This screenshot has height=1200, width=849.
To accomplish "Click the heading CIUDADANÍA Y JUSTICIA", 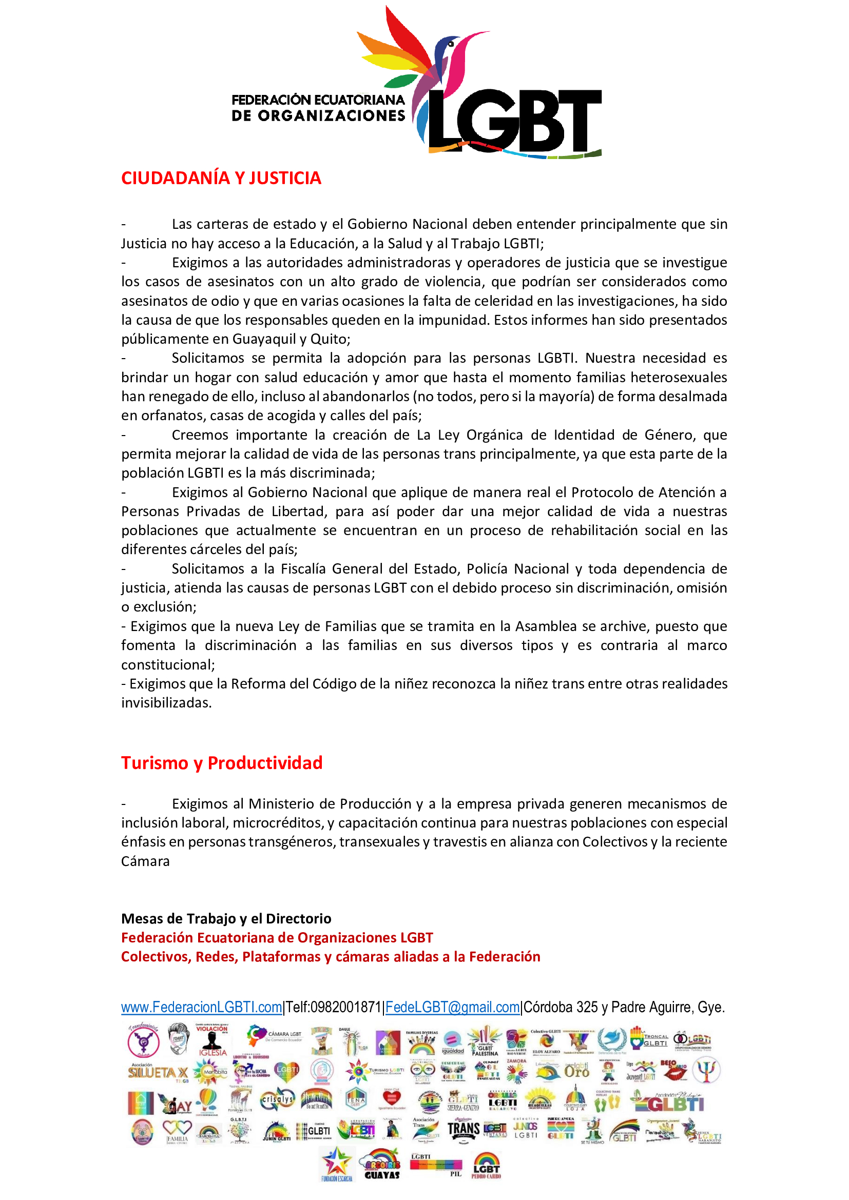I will click(x=221, y=178).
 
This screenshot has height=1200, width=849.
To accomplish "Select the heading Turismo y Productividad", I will click(x=222, y=763).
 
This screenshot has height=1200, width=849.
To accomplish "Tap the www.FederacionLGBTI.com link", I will click(x=201, y=1007).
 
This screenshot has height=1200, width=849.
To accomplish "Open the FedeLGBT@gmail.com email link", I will click(x=452, y=1007).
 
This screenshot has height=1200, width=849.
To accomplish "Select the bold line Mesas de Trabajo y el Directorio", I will click(x=226, y=918).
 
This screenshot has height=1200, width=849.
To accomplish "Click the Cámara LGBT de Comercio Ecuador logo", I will click(x=275, y=1036).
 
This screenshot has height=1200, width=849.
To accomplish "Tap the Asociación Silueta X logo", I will click(x=158, y=1072).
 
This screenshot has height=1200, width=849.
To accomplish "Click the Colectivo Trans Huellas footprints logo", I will click(x=607, y=1101).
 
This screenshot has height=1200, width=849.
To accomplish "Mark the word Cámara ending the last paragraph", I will click(x=145, y=861).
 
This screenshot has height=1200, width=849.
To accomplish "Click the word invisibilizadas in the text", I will click(x=166, y=703).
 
